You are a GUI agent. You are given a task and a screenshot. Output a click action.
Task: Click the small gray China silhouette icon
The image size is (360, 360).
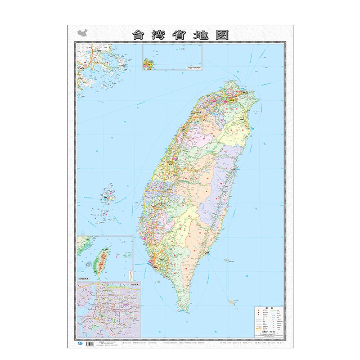(82, 34)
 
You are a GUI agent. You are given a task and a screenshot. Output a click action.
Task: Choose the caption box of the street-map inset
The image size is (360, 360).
(134, 284)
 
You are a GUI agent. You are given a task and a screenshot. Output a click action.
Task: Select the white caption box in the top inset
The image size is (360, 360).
(193, 68)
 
